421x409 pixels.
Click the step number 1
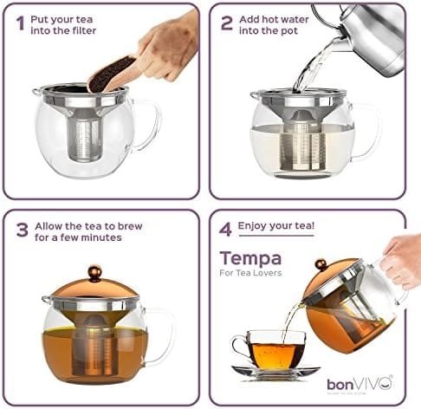tap(20, 23)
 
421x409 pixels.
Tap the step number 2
tap(227, 23)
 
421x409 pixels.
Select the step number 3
tap(22, 230)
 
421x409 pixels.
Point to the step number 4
tap(227, 229)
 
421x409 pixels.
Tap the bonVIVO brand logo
tap(359, 382)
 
